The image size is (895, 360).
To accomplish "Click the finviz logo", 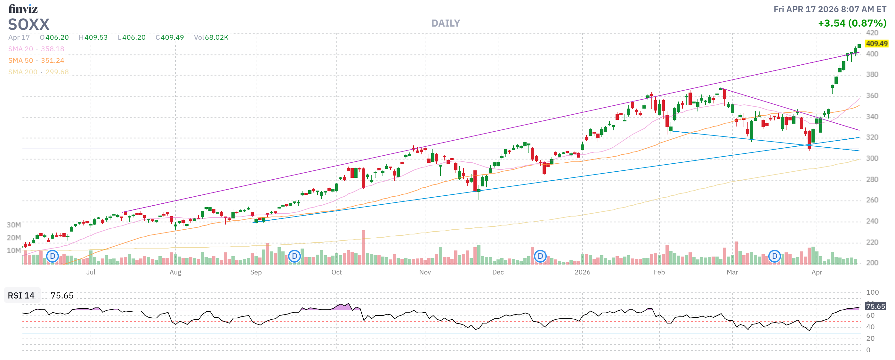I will tap(23, 9).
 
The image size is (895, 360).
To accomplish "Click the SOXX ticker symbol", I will tap(29, 25).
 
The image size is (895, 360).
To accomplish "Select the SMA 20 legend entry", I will tap(36, 49).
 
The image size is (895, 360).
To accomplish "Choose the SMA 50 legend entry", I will tap(36, 61).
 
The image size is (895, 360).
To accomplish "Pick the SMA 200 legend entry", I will tap(38, 72).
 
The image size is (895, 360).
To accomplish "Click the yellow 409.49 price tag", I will tap(876, 44).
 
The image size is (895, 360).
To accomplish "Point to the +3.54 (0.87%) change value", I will tap(852, 23).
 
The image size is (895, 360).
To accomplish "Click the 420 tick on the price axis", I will tap(872, 33).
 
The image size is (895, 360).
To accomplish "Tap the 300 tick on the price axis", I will tap(872, 159).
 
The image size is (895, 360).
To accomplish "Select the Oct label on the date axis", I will tap(336, 273).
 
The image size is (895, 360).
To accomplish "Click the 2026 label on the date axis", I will tap(582, 273).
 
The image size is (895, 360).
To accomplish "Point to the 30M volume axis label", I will tap(14, 225).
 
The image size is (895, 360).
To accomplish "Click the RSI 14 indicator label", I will tap(21, 296).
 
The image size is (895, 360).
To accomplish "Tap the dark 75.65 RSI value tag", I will tap(875, 307).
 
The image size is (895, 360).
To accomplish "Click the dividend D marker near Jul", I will tap(52, 257).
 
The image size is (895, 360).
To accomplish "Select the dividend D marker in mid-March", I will tap(774, 257).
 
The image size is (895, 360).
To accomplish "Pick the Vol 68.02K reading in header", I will tap(211, 37).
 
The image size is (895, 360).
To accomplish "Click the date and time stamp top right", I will tap(829, 9).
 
